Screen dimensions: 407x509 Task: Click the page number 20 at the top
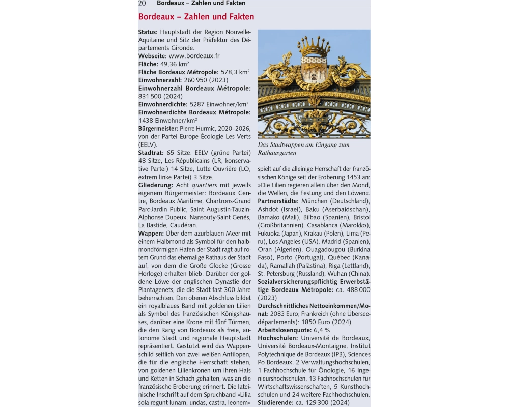142,3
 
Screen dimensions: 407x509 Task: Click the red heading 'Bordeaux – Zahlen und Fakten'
196,17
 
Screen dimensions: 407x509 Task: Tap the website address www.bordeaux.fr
194,56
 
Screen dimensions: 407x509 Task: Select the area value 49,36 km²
175,64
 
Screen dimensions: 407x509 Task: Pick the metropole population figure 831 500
151,96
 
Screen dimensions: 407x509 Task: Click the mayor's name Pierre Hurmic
198,129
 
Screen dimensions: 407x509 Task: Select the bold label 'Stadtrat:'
151,153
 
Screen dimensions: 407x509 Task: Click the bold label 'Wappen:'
151,234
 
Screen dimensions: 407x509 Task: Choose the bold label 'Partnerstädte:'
278,201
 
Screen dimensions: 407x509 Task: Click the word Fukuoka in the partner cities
270,234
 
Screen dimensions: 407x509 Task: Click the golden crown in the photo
314,47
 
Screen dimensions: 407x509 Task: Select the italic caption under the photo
303,149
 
